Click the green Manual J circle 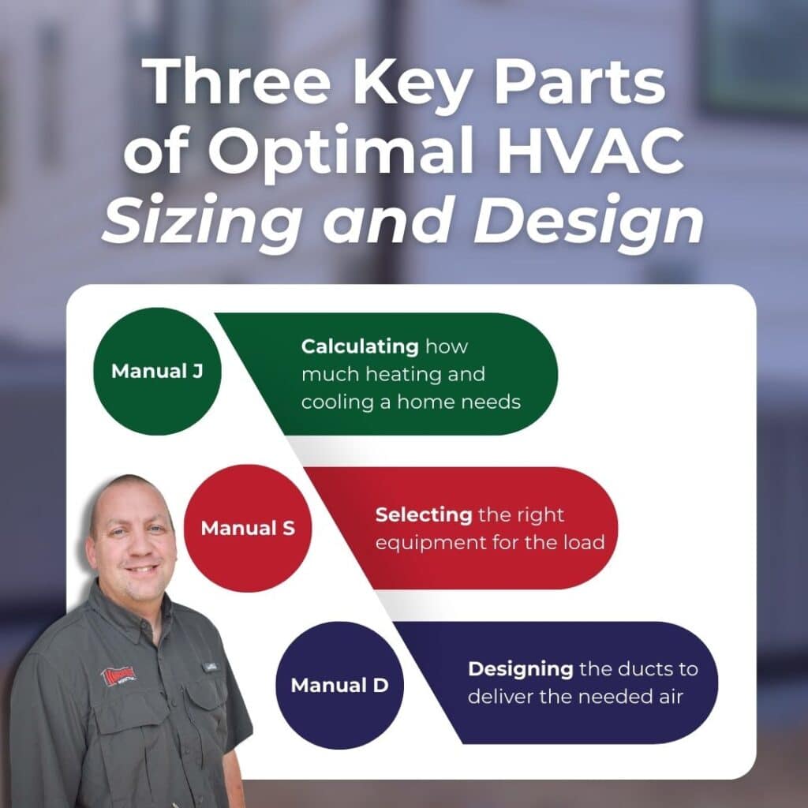point(156,371)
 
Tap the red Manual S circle point(248,527)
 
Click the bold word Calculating point(360,346)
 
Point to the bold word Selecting point(423,515)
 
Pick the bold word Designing point(520,669)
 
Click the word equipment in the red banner point(424,543)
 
